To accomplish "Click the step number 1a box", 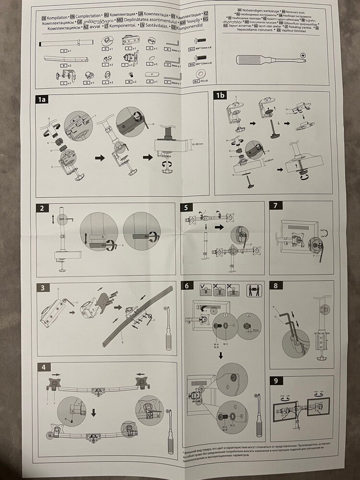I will (x=42, y=100).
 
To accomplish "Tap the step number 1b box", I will (x=221, y=96).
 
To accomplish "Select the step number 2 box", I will (x=43, y=208).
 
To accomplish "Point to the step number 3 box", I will (x=43, y=288).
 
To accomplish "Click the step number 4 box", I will (x=44, y=368).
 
